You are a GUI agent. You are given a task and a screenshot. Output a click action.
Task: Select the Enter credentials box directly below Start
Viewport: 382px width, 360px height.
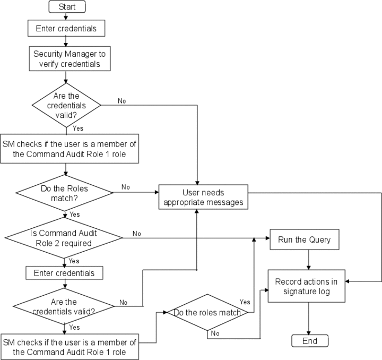coord(66,28)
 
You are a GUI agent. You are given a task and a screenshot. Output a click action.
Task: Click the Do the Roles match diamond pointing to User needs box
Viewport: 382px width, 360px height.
coord(64,192)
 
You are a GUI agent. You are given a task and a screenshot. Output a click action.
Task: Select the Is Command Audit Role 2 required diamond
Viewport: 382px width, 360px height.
coord(63,237)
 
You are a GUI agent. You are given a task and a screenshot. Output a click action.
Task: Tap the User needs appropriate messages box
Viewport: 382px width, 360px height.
coord(204,197)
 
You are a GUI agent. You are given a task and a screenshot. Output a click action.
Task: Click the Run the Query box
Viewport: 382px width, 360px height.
coord(304,239)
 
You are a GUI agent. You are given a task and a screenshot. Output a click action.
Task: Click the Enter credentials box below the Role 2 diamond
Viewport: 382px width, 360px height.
coord(64,272)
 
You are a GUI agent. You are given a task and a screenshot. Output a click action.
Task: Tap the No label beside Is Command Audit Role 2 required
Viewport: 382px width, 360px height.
coord(136,233)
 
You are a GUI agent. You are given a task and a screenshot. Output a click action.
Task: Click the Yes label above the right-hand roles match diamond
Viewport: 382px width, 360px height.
coord(245,302)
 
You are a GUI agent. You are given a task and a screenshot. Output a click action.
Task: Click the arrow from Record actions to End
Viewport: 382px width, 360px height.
coord(309,318)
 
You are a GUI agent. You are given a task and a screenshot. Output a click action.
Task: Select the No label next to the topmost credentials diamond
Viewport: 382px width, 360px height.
coord(121,101)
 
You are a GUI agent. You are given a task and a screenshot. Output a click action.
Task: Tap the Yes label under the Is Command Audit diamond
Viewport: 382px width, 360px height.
coord(74,261)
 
